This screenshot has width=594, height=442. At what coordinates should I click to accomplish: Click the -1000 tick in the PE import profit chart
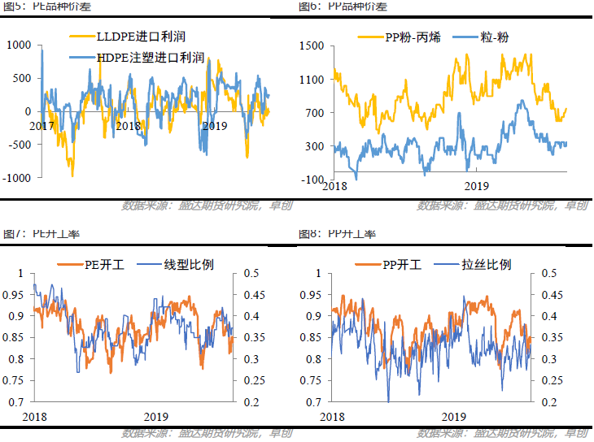pos(17,178)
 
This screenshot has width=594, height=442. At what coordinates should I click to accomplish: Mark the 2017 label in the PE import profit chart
pos(42,126)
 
